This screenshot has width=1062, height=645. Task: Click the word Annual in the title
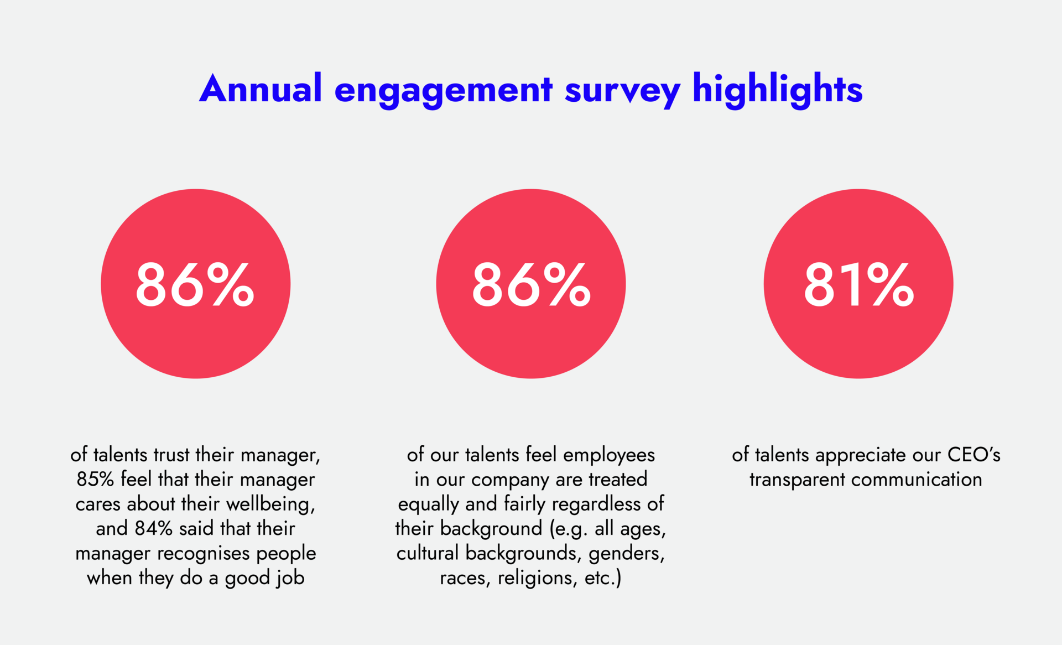[x=261, y=89]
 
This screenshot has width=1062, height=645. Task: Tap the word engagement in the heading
[x=443, y=90]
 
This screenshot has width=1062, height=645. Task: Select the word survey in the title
[x=622, y=90]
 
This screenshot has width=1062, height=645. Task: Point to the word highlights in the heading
[x=777, y=89]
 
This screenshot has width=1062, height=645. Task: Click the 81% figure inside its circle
[x=858, y=284]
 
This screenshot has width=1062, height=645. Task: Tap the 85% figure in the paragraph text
[x=95, y=479]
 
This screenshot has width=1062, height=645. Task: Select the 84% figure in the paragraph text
[x=154, y=528]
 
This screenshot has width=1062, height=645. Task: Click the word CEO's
[x=973, y=455]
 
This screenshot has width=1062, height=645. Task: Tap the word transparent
[x=797, y=480]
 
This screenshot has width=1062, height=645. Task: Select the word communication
[x=917, y=480]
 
